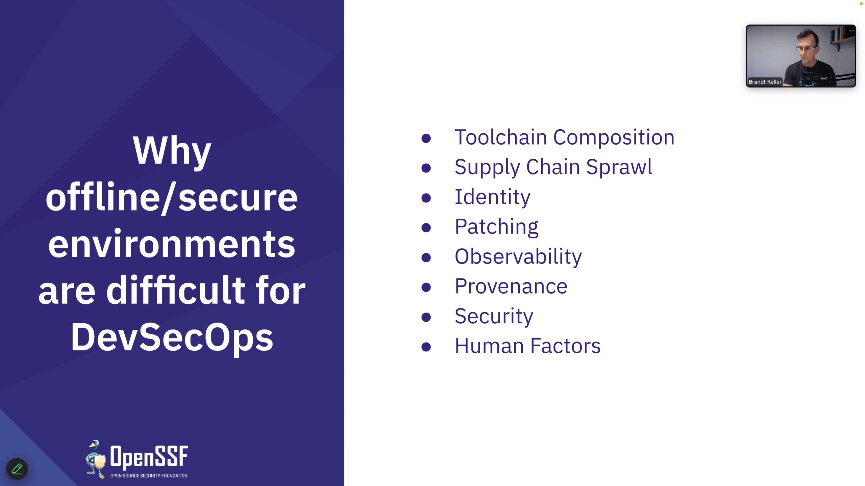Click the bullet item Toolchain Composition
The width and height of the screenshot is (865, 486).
pos(564,137)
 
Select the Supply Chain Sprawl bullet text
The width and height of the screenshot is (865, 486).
pos(553,167)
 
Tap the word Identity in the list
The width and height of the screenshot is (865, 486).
pos(493,197)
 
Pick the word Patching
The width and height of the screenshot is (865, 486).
pos(497,227)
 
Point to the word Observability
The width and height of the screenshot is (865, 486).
pos(518,256)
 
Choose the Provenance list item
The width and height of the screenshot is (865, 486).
pos(511,286)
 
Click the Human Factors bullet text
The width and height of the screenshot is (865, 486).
pos(528,346)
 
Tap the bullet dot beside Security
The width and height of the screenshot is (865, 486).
pos(426,317)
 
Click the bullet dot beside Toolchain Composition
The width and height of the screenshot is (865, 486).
pos(426,138)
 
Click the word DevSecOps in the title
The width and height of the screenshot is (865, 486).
pos(172,338)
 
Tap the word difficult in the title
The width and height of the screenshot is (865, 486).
pos(176,290)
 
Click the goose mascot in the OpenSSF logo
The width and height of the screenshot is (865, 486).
pos(96,459)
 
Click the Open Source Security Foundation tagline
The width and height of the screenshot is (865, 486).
pos(149,476)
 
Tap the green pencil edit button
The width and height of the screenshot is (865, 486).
pos(17,469)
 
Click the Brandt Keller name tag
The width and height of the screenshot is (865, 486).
pos(765,82)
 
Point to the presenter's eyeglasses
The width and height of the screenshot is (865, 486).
pos(806,49)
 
